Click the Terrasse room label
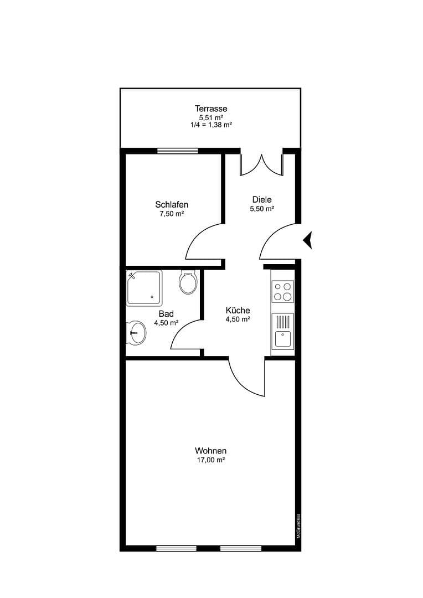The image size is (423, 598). pyautogui.click(x=210, y=109)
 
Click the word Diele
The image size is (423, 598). pyautogui.click(x=262, y=199)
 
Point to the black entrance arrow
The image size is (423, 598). pyautogui.click(x=308, y=240)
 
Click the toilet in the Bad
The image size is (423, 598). pyautogui.click(x=188, y=282)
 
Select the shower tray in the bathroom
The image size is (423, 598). pyautogui.click(x=144, y=288)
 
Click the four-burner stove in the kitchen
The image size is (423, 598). pyautogui.click(x=283, y=291)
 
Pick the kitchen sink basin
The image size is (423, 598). pyautogui.click(x=283, y=338)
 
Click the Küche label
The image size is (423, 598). pyautogui.click(x=238, y=310)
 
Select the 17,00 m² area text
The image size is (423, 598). pyautogui.click(x=210, y=460)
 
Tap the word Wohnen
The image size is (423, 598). pyautogui.click(x=210, y=451)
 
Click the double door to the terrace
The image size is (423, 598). pyautogui.click(x=261, y=164)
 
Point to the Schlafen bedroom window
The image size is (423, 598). pyautogui.click(x=177, y=151)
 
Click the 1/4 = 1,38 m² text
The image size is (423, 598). pyautogui.click(x=210, y=125)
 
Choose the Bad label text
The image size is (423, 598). pyautogui.click(x=166, y=313)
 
